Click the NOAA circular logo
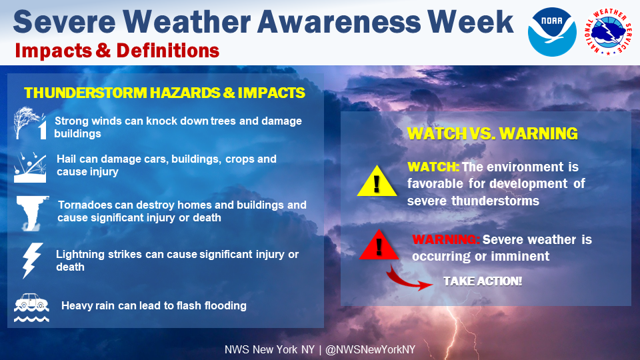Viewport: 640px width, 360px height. click(x=552, y=32)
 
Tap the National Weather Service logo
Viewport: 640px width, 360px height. click(x=608, y=32)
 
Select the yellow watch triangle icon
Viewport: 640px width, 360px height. click(x=377, y=181)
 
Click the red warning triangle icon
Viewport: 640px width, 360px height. click(x=379, y=244)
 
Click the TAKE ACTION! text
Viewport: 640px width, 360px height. click(x=483, y=281)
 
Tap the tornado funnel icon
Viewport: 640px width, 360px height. click(x=32, y=213)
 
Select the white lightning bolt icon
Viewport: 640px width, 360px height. click(x=32, y=261)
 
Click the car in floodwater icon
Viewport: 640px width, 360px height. click(x=31, y=308)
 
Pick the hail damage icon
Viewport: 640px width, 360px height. click(x=30, y=167)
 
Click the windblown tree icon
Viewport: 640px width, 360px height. click(x=30, y=123)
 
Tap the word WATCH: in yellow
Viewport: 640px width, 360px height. click(x=433, y=167)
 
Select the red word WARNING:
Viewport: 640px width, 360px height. click(x=446, y=239)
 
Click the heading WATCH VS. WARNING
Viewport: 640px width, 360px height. click(x=492, y=134)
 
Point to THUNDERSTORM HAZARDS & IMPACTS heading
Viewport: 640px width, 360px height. click(x=165, y=93)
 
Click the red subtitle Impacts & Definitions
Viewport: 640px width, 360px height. click(x=117, y=51)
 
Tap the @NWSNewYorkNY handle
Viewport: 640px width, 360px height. click(x=370, y=350)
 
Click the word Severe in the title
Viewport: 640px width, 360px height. click(x=65, y=22)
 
